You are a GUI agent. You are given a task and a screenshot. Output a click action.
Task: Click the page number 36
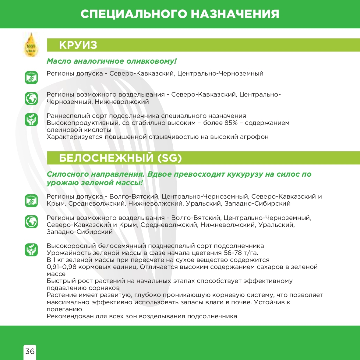click(30, 351)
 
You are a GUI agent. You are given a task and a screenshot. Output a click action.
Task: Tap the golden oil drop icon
click(31, 45)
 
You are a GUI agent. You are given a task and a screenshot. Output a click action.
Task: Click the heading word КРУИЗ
click(78, 45)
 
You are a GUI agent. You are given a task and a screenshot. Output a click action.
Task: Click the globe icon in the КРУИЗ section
click(31, 98)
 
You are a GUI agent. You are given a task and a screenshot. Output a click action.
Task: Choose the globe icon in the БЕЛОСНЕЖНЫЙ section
click(31, 221)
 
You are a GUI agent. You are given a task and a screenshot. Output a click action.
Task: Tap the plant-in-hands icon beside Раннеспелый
click(31, 119)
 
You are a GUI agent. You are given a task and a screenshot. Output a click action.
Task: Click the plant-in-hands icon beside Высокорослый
click(31, 249)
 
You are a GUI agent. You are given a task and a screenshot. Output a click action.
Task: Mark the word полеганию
click(64, 309)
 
